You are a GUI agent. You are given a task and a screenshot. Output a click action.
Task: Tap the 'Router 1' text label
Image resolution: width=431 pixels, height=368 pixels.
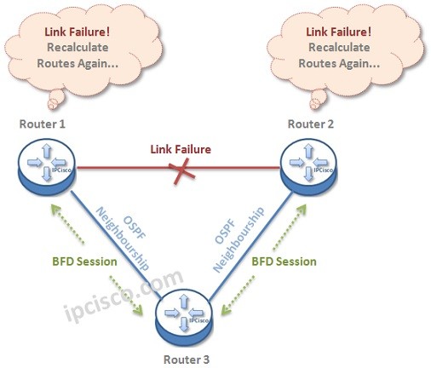[43, 124]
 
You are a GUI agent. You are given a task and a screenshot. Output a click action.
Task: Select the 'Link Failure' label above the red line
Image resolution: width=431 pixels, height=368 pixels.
[181, 150]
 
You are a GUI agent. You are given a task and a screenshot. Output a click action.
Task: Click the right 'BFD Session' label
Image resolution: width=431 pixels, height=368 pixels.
[284, 262]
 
